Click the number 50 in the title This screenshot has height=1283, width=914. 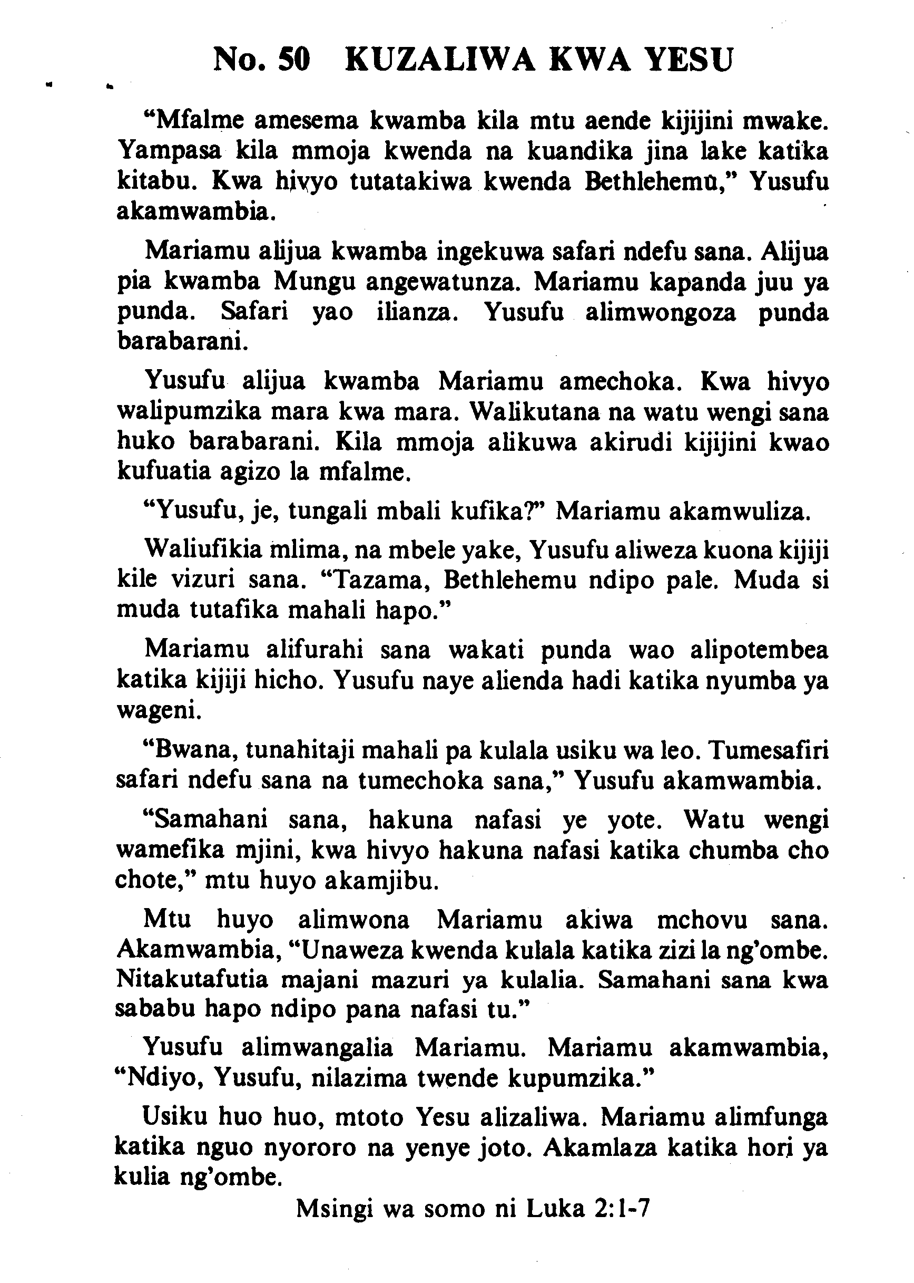(294, 60)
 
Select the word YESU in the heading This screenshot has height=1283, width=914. (688, 60)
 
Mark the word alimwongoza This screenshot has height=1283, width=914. (660, 312)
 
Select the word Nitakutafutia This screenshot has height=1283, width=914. (192, 980)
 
